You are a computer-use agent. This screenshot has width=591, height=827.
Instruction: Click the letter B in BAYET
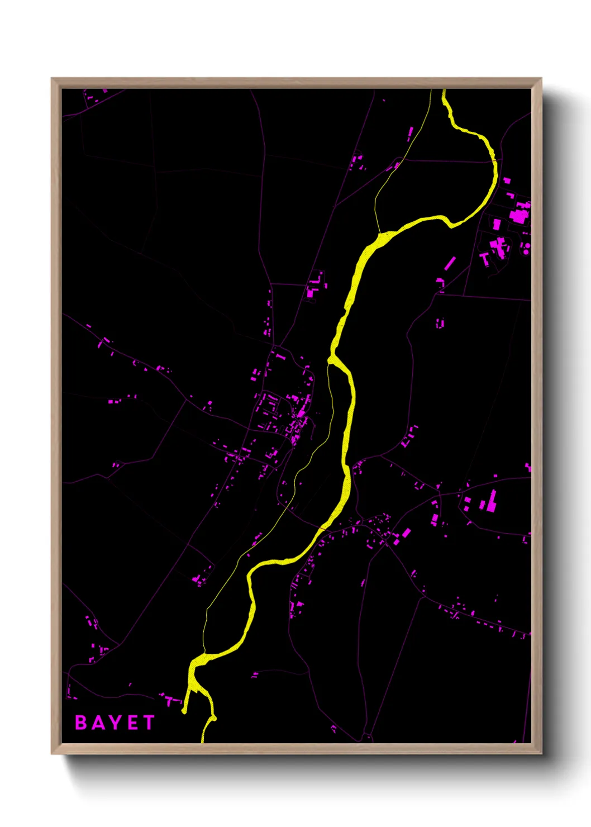(x=81, y=723)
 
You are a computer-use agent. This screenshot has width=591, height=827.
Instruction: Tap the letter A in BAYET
(x=97, y=723)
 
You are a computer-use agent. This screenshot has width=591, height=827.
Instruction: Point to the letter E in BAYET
(x=132, y=723)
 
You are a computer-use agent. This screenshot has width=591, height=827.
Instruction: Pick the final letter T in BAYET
(x=148, y=723)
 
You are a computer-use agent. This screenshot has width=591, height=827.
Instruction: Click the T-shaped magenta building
(x=484, y=258)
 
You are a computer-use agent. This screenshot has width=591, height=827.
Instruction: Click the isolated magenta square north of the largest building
(x=507, y=180)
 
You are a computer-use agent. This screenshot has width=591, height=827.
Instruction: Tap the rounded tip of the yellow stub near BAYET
(x=184, y=711)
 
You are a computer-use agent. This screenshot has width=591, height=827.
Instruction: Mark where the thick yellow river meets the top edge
(x=444, y=91)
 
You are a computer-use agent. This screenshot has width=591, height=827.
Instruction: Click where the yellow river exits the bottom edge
(x=203, y=741)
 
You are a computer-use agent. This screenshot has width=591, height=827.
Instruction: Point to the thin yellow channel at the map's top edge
(x=431, y=91)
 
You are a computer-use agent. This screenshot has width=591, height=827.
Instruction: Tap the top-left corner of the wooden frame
(x=52, y=79)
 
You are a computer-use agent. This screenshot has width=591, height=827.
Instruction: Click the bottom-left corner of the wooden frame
(x=52, y=753)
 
